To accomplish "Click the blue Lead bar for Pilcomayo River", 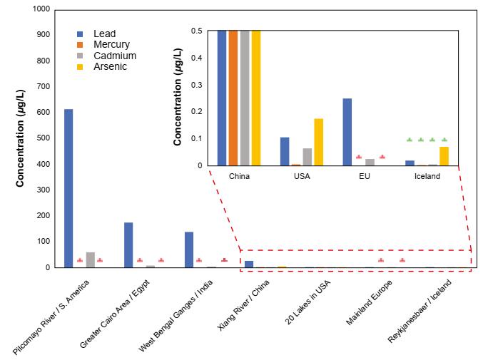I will (68, 188).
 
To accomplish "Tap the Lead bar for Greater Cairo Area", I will (128, 245).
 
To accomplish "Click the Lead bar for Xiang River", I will (249, 264).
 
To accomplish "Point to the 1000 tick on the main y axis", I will (41, 9).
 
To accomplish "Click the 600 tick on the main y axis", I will (43, 113).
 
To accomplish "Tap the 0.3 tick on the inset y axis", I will (198, 85).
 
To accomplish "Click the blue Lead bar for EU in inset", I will (347, 132).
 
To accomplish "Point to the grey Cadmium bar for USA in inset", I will (307, 157).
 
